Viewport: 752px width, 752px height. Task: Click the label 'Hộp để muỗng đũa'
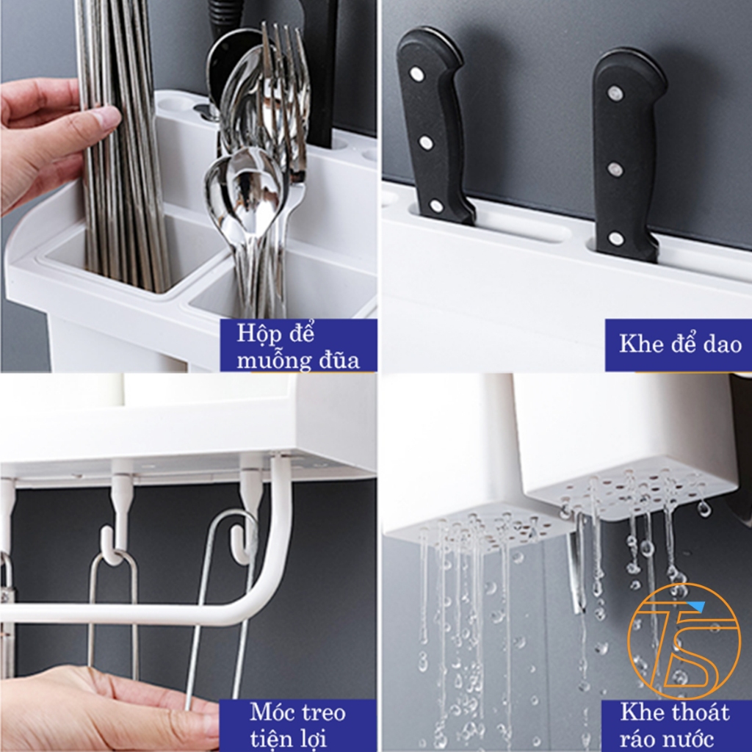pyautogui.click(x=298, y=347)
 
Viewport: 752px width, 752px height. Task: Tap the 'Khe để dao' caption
pyautogui.click(x=680, y=344)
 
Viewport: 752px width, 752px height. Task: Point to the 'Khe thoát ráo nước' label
pyautogui.click(x=674, y=725)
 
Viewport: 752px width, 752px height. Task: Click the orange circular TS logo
pyautogui.click(x=684, y=640)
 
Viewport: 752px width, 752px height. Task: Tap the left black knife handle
pyautogui.click(x=434, y=126)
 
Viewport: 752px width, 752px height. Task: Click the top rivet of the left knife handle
pyautogui.click(x=417, y=74)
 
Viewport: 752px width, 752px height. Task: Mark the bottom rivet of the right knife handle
pyautogui.click(x=616, y=238)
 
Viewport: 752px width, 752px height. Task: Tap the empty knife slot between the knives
pyautogui.click(x=527, y=233)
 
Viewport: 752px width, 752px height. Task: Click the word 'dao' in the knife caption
pyautogui.click(x=723, y=344)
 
